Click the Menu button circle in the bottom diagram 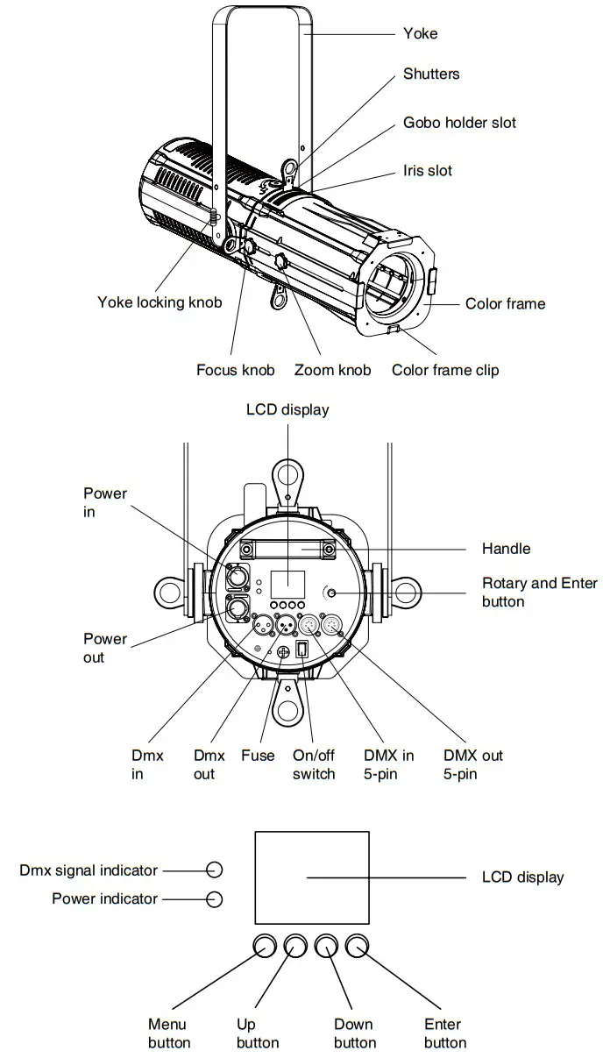(x=266, y=946)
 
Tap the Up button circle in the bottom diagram (x=295, y=946)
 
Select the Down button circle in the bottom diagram (x=326, y=946)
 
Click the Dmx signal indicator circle (x=214, y=870)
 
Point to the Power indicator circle (x=214, y=898)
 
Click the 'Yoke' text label (x=420, y=33)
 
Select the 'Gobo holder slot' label (x=459, y=123)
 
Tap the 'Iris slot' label (x=428, y=170)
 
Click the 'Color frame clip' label (x=445, y=370)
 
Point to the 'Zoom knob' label (x=332, y=370)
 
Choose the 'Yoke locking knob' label (x=160, y=302)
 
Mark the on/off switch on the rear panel (x=302, y=650)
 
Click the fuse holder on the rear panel (x=283, y=652)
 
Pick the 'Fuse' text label (x=258, y=756)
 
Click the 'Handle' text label (x=506, y=549)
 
